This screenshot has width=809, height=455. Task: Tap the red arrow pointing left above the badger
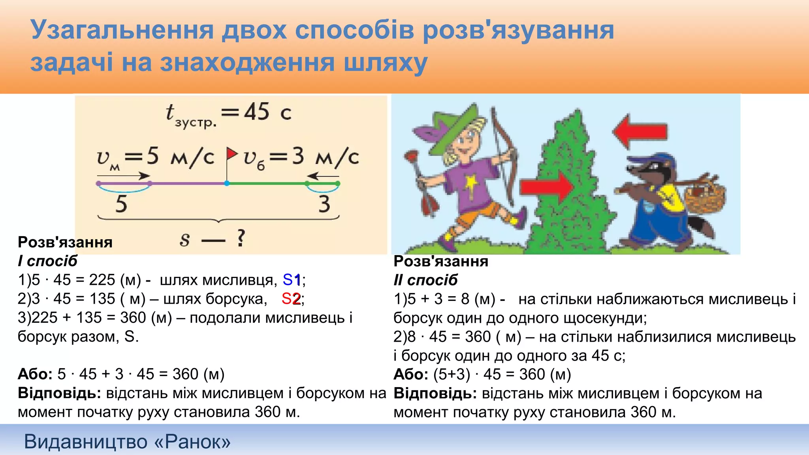click(640, 132)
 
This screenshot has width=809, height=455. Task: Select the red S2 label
click(291, 299)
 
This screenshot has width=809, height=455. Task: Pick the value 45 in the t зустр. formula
click(257, 112)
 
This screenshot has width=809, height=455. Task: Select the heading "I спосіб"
click(47, 261)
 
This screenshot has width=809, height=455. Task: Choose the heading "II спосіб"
click(425, 280)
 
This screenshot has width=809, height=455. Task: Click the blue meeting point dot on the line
click(227, 183)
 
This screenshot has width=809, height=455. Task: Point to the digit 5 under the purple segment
click(121, 204)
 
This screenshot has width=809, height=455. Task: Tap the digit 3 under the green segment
click(324, 204)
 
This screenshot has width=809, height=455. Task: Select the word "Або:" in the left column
click(35, 374)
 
